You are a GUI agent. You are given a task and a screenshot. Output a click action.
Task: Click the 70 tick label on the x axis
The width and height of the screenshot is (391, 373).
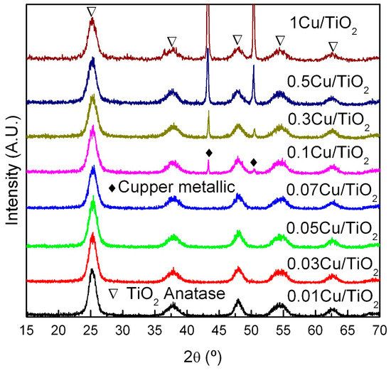380,330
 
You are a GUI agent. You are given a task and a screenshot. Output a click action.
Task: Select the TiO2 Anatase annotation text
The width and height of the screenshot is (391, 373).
160,292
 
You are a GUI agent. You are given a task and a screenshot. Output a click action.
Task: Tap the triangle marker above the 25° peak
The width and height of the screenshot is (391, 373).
91,11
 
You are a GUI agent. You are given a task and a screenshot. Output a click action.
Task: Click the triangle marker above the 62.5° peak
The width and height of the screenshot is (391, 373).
333,46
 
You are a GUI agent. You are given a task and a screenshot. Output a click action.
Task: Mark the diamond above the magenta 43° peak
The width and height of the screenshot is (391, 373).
208,153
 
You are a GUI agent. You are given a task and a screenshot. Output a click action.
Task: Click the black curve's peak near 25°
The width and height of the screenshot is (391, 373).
92,271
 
